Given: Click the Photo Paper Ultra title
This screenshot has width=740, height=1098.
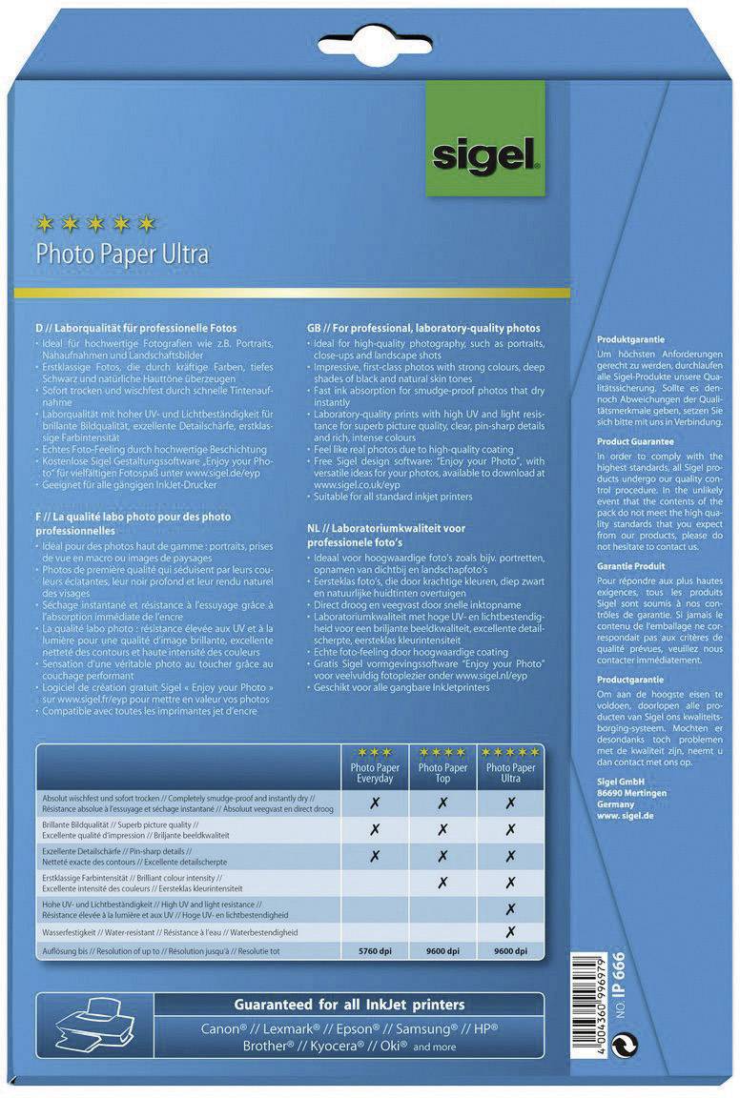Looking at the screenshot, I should (x=121, y=254).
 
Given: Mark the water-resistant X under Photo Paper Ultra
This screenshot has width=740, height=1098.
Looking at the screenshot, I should (x=511, y=931).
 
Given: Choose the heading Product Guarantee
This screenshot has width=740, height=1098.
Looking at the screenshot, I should (x=635, y=442).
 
